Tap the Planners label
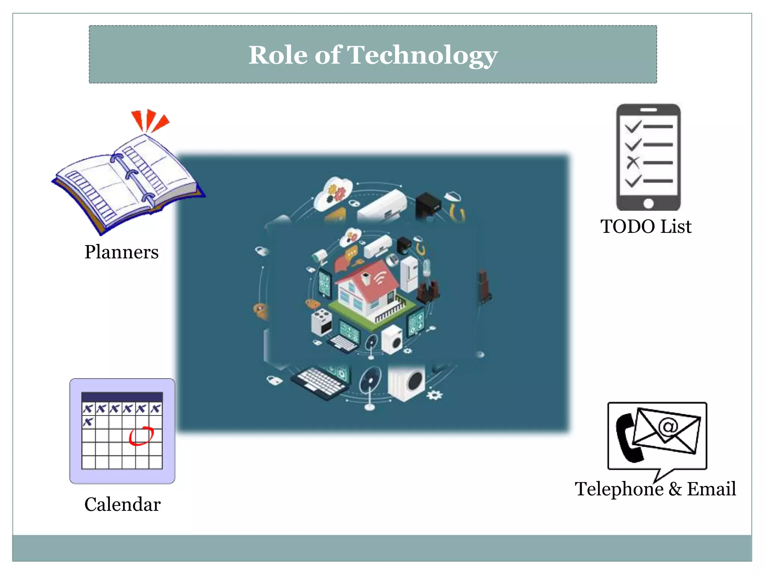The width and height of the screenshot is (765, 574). point(121,252)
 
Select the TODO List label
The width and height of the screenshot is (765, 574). point(646,226)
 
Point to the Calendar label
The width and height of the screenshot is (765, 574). point(122,504)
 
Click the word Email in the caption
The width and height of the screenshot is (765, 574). point(711,489)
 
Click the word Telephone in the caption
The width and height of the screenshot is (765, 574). point(619,489)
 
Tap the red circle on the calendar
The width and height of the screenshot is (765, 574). point(141,436)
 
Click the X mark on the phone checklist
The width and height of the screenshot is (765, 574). point(633,163)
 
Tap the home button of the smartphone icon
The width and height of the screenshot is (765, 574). point(648,204)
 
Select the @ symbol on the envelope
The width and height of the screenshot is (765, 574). point(668,426)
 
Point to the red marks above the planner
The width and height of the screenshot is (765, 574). point(149,120)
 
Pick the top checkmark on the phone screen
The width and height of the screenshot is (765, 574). point(633,127)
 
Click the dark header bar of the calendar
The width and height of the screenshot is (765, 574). point(122,397)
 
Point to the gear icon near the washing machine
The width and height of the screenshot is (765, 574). point(434,395)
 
